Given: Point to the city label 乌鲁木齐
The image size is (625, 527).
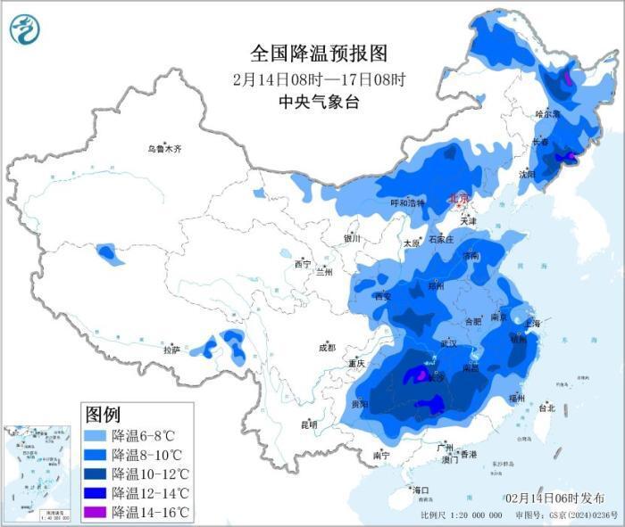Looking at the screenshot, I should click(164, 149).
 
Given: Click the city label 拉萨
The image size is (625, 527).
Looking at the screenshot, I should click(171, 350).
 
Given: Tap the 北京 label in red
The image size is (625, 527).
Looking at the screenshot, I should click(457, 199).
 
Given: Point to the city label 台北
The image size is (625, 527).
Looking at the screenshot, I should click(546, 408).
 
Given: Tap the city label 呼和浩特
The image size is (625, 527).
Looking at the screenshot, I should click(409, 202).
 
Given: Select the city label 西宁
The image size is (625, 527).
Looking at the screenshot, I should click(303, 264).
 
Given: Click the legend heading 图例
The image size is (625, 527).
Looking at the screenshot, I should click(102, 414).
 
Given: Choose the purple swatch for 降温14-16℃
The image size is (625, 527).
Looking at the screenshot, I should click(96, 512).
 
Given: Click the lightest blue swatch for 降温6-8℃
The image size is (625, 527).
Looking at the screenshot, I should click(96, 436).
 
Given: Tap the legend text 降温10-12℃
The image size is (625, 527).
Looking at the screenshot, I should click(150, 473).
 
